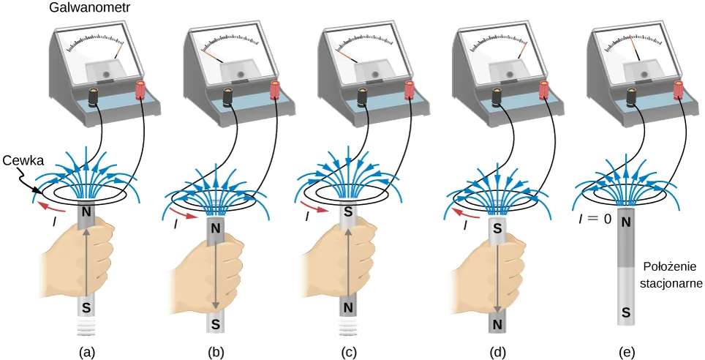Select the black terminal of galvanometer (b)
(228, 95)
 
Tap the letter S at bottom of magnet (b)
(216, 323)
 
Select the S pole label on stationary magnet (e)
(626, 314)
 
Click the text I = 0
(593, 219)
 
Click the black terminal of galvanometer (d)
(497, 95)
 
